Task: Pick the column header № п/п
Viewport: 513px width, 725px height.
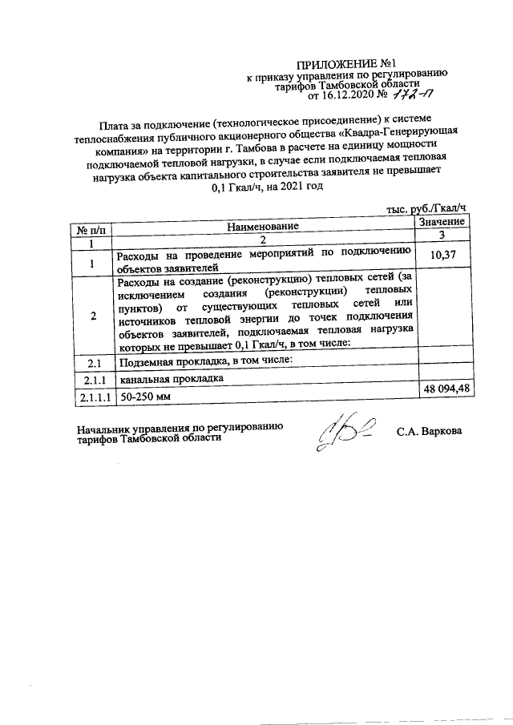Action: pos(91,231)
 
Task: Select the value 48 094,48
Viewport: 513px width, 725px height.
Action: pos(442,389)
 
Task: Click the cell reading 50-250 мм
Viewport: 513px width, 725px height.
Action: pos(143,397)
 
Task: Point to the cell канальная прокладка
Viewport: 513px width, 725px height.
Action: pos(168,380)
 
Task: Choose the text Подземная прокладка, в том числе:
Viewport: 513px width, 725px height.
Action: pos(204,363)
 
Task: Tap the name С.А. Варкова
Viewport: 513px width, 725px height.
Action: pos(429,432)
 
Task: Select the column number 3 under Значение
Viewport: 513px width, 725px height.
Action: pos(442,235)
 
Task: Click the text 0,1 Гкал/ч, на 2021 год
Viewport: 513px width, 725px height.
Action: pos(263,187)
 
